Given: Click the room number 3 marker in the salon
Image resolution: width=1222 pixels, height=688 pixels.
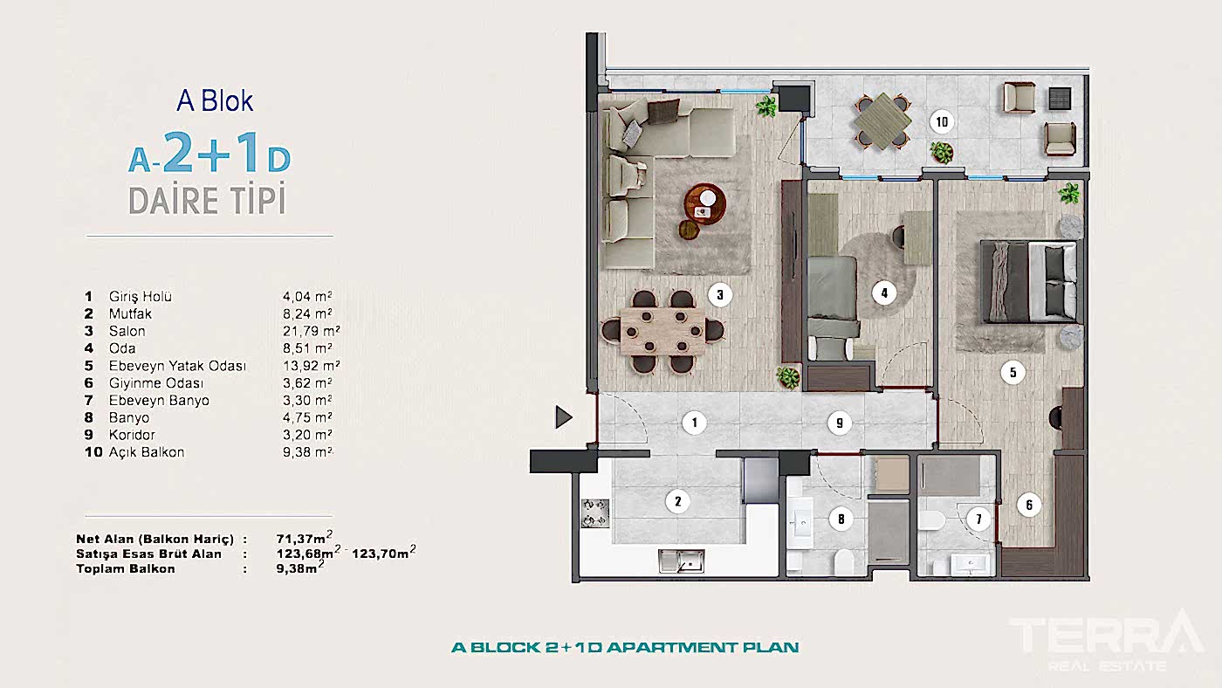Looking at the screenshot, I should [719, 294].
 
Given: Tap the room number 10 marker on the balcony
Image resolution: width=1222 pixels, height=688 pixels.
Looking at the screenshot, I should [941, 121].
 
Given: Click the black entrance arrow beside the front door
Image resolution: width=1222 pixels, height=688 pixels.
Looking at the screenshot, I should [564, 417].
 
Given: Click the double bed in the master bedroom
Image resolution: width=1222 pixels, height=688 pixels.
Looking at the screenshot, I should [1029, 281].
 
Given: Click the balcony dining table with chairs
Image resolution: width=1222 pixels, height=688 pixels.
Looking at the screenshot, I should [881, 120].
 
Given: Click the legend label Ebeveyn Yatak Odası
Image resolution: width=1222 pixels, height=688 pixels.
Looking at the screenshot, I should [177, 366].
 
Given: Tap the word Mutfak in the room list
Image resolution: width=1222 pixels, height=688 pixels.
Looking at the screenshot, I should [130, 313].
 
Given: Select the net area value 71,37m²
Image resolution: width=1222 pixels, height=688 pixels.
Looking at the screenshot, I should [303, 538].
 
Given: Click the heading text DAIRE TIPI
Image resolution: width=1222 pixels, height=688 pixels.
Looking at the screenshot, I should [207, 201].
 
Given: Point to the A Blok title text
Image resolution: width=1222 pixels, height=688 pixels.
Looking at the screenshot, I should [215, 101].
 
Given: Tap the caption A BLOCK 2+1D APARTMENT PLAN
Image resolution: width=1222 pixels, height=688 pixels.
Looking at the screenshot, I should [624, 648].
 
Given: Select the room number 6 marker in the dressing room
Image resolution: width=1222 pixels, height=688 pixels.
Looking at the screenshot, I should [1029, 504].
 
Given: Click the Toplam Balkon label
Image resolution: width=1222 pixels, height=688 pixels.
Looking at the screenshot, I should [126, 568].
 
